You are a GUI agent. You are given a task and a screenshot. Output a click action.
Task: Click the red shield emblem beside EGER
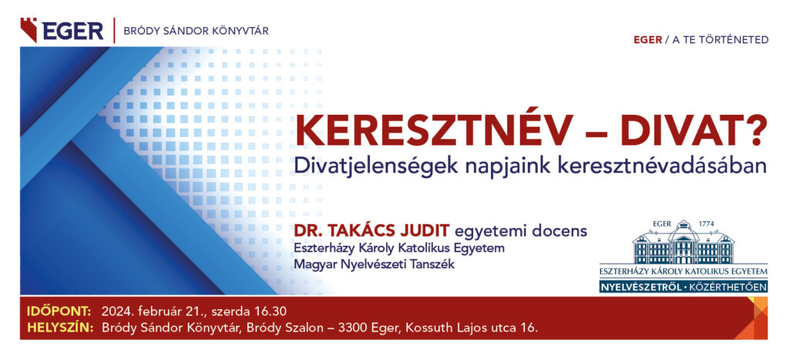[x=29, y=30]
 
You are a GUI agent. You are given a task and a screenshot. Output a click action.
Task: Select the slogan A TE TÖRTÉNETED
[x=720, y=40]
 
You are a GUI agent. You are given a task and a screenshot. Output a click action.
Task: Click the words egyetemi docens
[x=521, y=232]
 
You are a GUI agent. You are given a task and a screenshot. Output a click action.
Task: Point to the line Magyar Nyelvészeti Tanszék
[x=374, y=264]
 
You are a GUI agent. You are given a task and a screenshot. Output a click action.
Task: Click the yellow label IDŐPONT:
[x=59, y=310]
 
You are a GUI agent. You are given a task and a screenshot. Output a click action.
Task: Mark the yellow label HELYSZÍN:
[x=60, y=328]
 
